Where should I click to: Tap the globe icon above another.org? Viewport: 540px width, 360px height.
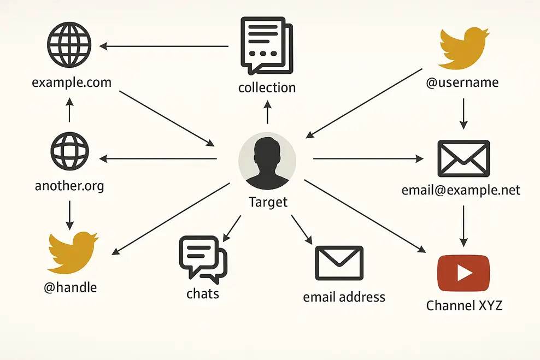tap(69, 150)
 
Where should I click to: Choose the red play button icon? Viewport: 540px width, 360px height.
tap(463, 273)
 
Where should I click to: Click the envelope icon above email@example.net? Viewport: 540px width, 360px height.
tap(463, 158)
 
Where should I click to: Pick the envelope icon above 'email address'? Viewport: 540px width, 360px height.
tap(339, 263)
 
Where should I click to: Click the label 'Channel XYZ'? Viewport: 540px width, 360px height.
tap(464, 305)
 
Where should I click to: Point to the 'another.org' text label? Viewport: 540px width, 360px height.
tap(69, 186)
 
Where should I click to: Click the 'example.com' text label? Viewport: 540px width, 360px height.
tap(72, 83)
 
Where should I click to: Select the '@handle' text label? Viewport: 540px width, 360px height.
tap(70, 287)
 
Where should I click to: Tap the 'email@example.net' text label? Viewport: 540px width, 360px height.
tap(461, 190)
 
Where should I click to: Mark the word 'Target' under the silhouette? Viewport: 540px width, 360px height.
tap(268, 202)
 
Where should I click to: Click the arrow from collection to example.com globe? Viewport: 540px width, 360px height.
tap(164, 46)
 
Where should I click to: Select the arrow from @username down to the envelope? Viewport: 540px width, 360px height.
tap(463, 114)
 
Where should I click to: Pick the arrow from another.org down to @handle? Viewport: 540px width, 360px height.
tap(69, 215)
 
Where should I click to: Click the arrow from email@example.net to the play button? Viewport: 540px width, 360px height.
tap(463, 225)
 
